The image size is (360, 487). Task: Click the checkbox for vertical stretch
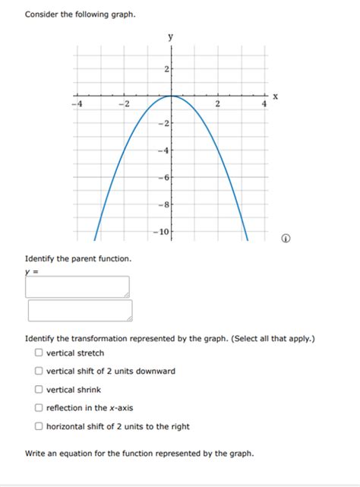(x=38, y=353)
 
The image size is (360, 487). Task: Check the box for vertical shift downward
(x=38, y=372)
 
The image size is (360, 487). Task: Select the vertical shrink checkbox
(x=38, y=390)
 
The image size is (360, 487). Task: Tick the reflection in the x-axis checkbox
(x=38, y=408)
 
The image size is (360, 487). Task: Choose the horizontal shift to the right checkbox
(x=38, y=426)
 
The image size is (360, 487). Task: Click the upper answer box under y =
(x=77, y=286)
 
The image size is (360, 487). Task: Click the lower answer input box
(x=80, y=311)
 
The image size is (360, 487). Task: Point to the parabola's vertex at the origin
(x=172, y=96)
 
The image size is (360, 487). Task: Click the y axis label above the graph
(x=171, y=36)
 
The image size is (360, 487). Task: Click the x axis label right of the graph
(x=276, y=96)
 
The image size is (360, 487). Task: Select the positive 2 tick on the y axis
(x=166, y=70)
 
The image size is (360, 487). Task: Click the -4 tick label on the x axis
(x=76, y=103)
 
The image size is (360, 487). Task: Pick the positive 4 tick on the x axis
(x=264, y=103)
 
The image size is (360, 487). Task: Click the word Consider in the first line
(x=43, y=14)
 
